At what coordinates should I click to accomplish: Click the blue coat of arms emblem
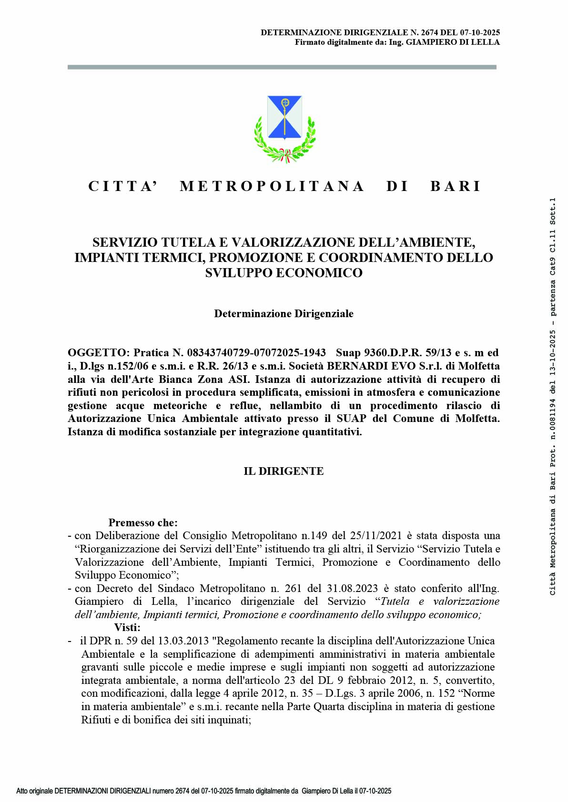(284, 118)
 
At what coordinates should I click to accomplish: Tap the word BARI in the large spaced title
(456, 186)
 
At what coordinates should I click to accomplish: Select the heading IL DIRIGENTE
(284, 471)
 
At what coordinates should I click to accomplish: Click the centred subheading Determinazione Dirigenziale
(284, 313)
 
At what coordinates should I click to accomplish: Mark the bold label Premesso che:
(143, 522)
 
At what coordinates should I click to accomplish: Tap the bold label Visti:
(127, 627)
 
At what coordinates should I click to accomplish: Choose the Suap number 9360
(376, 353)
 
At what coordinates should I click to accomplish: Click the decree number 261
(293, 588)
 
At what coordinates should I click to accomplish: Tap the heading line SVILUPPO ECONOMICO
(284, 273)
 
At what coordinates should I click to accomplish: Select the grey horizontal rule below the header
(282, 67)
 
